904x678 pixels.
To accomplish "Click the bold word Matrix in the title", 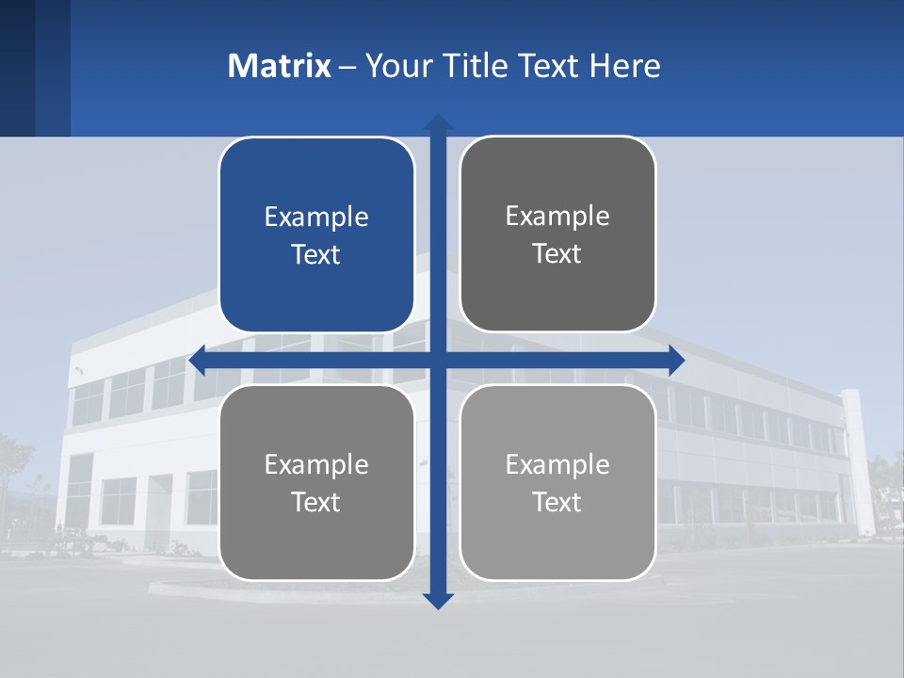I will (280, 66).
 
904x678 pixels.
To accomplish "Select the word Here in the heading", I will (625, 66).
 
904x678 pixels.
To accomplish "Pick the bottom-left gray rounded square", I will (316, 537).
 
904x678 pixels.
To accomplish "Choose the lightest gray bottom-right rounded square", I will (557, 537).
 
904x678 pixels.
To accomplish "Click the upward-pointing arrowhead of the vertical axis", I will (438, 122).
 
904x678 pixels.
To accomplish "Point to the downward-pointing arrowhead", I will (438, 601).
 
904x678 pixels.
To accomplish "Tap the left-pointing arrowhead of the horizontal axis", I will (198, 360).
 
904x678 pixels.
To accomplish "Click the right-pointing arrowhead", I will (675, 360).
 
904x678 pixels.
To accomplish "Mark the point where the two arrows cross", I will (438, 360).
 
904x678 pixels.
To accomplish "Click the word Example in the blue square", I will (316, 217).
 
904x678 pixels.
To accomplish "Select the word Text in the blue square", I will (316, 254).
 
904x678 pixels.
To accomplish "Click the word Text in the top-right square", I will (557, 253).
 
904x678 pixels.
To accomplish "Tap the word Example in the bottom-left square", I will (316, 464).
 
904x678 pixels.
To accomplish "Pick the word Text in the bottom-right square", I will (557, 502).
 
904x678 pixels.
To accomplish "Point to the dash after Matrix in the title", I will (347, 67).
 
